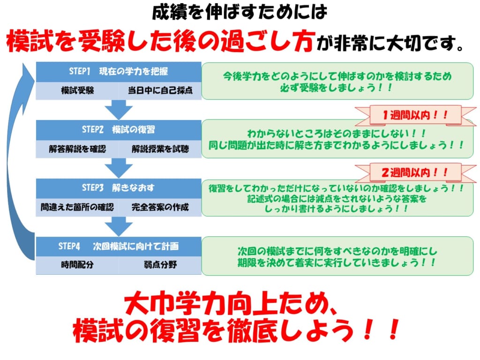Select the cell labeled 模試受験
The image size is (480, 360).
(77, 90)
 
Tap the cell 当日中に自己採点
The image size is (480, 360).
(160, 90)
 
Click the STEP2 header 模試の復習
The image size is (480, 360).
(119, 130)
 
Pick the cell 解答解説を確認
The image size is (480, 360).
(77, 149)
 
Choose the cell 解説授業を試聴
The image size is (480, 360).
(160, 149)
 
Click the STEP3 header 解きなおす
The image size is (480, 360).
(119, 188)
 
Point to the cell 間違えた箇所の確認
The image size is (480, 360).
(77, 207)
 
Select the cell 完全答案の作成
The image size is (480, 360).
(160, 207)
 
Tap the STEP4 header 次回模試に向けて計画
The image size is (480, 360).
(119, 246)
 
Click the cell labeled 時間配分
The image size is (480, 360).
(77, 265)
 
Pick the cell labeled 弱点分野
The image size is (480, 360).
(160, 265)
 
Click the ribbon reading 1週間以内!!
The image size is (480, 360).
(408, 114)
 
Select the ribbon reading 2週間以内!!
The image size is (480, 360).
(408, 172)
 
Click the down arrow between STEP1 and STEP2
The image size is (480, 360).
(119, 109)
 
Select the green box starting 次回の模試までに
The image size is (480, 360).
(337, 256)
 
